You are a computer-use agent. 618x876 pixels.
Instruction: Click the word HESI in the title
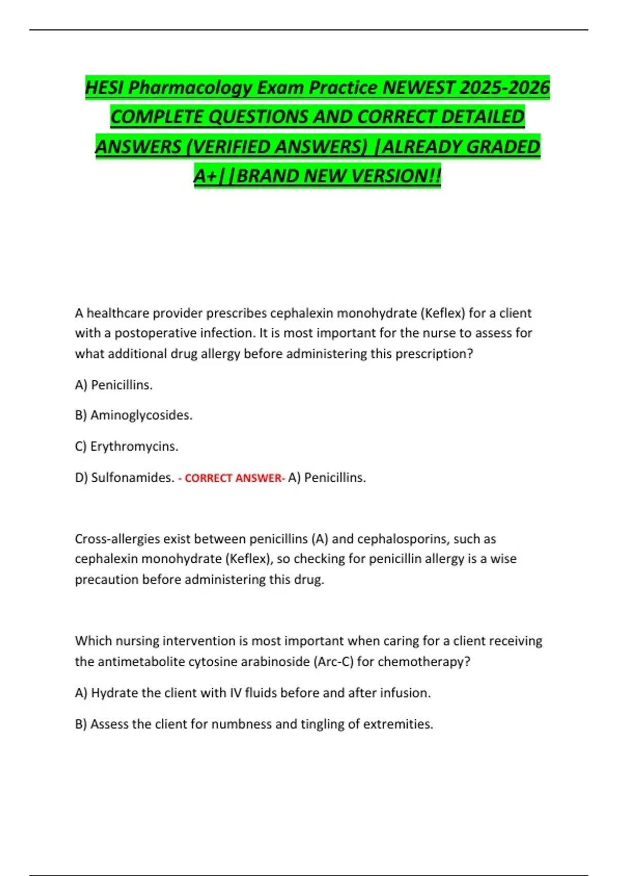pyautogui.click(x=105, y=88)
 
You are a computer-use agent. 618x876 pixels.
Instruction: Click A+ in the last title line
pyautogui.click(x=205, y=176)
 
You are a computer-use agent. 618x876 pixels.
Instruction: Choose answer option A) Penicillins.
pyautogui.click(x=114, y=385)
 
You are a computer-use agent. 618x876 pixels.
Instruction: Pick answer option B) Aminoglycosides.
pyautogui.click(x=134, y=415)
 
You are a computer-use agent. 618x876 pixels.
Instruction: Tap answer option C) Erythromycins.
pyautogui.click(x=127, y=446)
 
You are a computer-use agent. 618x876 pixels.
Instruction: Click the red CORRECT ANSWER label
pyautogui.click(x=232, y=478)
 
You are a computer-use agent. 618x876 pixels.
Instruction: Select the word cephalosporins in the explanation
pyautogui.click(x=403, y=539)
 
